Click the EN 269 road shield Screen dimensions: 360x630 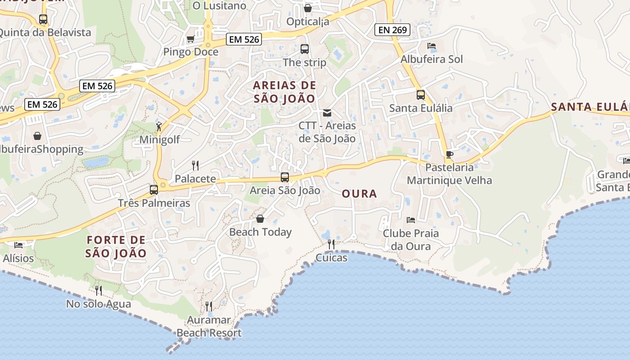pyautogui.click(x=392, y=30)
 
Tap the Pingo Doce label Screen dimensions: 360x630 pyautogui.click(x=191, y=52)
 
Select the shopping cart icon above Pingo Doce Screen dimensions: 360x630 pyautogui.click(x=190, y=39)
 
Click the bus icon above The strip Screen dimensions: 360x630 pyautogui.click(x=305, y=49)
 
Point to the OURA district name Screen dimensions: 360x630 pyautogui.click(x=359, y=194)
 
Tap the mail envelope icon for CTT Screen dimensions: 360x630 pyautogui.click(x=327, y=112)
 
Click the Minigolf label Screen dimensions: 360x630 pyautogui.click(x=159, y=139)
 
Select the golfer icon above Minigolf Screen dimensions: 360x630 pyautogui.click(x=158, y=126)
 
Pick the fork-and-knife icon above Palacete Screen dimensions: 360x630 pyautogui.click(x=195, y=165)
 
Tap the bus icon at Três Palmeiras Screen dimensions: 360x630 pyautogui.click(x=154, y=189)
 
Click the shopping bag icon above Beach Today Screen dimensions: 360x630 pyautogui.click(x=260, y=219)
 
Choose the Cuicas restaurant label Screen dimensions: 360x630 pyautogui.click(x=332, y=258)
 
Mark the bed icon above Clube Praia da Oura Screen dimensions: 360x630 pyautogui.click(x=411, y=220)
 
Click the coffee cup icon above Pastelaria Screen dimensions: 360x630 pyautogui.click(x=449, y=154)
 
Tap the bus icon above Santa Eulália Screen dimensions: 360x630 pyautogui.click(x=421, y=95)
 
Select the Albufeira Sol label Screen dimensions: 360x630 pyautogui.click(x=432, y=59)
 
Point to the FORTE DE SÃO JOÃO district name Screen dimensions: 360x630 pyautogui.click(x=116, y=247)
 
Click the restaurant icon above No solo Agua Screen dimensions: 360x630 pyautogui.click(x=99, y=291)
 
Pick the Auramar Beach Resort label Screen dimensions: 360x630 pyautogui.click(x=209, y=327)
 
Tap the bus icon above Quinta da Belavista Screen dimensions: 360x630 pyautogui.click(x=43, y=19)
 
